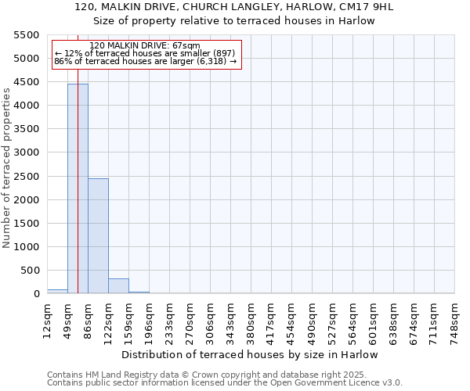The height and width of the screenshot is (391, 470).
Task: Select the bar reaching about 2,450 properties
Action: tap(98, 235)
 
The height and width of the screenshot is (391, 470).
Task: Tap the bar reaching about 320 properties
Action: tap(118, 285)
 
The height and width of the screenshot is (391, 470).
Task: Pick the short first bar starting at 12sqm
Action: tap(57, 291)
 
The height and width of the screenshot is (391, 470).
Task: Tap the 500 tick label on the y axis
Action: tap(30, 271)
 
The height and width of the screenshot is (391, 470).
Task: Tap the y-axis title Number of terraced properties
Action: tap(7, 168)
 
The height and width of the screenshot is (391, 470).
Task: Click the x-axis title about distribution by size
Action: tap(250, 354)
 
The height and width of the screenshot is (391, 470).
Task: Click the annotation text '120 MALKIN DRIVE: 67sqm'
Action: tap(145, 46)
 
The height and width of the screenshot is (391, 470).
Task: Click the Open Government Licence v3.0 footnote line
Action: tap(225, 383)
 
